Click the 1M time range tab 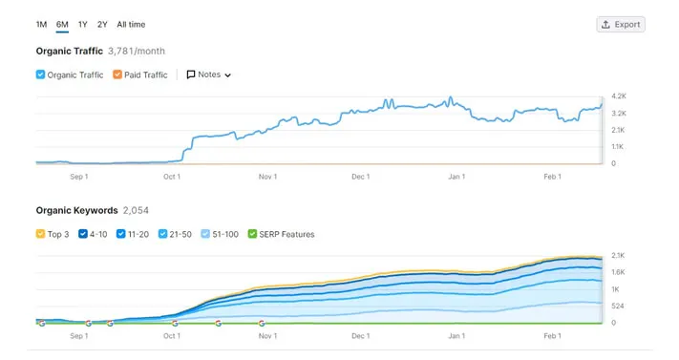point(41,24)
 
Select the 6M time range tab point(62,24)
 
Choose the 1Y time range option point(83,24)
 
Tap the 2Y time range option point(102,24)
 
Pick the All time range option point(131,24)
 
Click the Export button point(620,24)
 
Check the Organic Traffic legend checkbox point(40,74)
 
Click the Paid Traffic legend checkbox point(117,74)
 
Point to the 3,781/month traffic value point(138,51)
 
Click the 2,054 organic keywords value point(136,210)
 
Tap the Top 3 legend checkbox point(40,234)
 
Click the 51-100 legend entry point(207,234)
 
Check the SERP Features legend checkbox point(252,234)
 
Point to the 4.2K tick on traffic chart point(618,96)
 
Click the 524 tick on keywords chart point(618,306)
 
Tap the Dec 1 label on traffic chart point(360,176)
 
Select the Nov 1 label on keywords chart point(267,336)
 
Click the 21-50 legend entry point(163,234)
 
